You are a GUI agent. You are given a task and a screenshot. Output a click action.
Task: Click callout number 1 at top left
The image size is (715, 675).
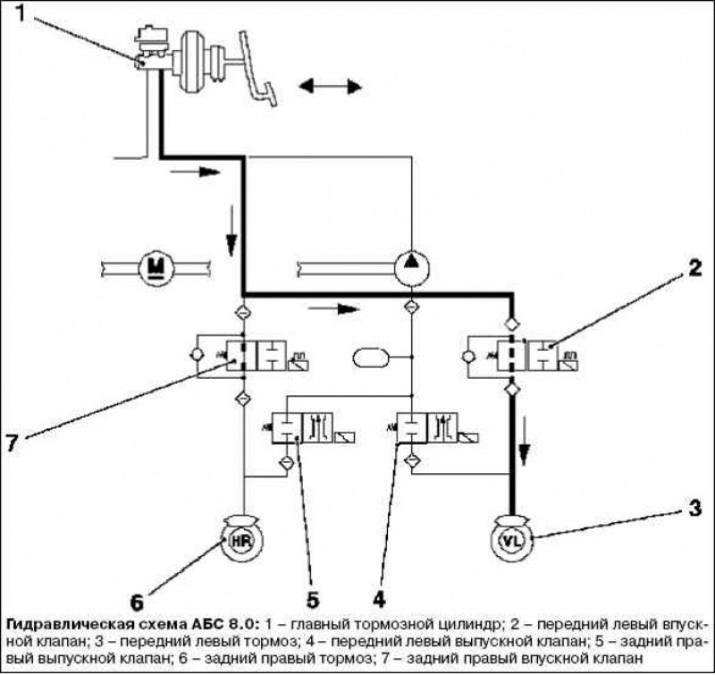click(20, 12)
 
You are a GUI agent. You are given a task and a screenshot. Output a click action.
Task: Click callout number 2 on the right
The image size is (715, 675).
click(694, 268)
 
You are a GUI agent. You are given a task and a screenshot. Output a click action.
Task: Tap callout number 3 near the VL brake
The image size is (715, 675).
click(694, 508)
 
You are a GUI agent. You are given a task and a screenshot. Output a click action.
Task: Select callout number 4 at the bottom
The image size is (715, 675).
click(379, 599)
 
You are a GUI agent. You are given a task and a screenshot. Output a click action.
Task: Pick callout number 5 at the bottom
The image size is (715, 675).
click(312, 599)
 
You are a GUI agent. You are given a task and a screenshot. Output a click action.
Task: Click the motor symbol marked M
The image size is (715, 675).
click(156, 268)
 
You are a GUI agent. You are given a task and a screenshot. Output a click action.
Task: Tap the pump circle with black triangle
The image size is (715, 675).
click(412, 268)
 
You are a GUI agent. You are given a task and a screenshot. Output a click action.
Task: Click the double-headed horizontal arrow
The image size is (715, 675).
click(331, 86)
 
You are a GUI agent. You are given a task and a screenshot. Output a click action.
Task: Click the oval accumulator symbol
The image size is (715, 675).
click(371, 357)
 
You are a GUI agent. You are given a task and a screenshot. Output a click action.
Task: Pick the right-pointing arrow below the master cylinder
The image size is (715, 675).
click(195, 171)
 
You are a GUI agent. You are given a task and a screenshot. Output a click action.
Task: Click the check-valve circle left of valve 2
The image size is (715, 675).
click(468, 356)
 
